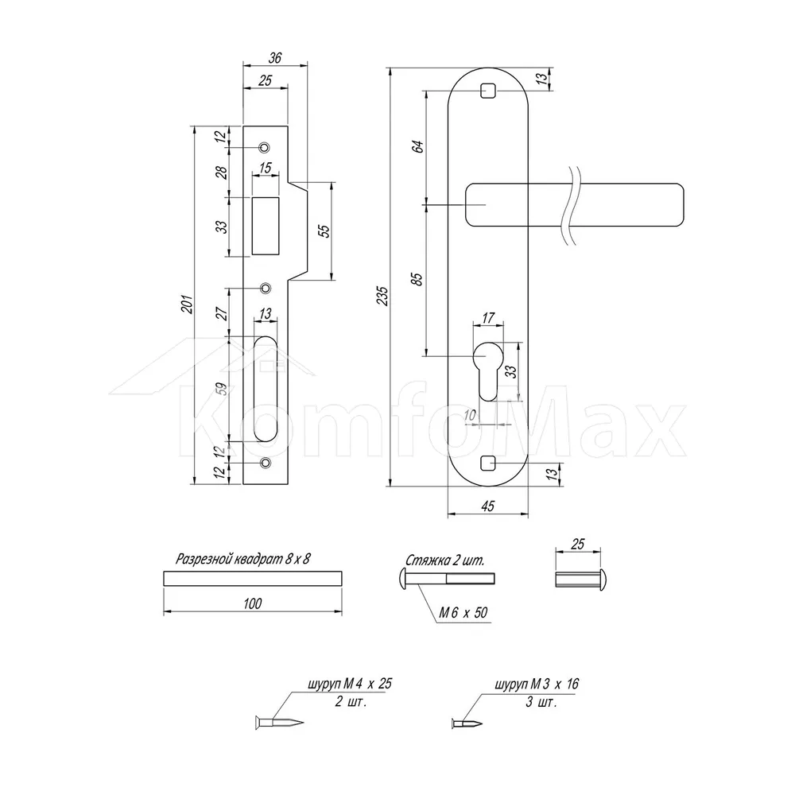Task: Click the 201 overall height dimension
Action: pyautogui.click(x=188, y=304)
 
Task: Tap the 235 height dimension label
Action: pyautogui.click(x=383, y=296)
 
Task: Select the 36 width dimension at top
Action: pyautogui.click(x=275, y=58)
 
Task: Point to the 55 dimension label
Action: pyautogui.click(x=324, y=231)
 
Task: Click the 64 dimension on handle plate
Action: pyautogui.click(x=418, y=147)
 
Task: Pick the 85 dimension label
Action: pyautogui.click(x=418, y=279)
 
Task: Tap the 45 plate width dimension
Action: pyautogui.click(x=487, y=506)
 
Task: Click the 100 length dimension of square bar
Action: pyautogui.click(x=253, y=603)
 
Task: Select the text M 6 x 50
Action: pyautogui.click(x=463, y=612)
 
